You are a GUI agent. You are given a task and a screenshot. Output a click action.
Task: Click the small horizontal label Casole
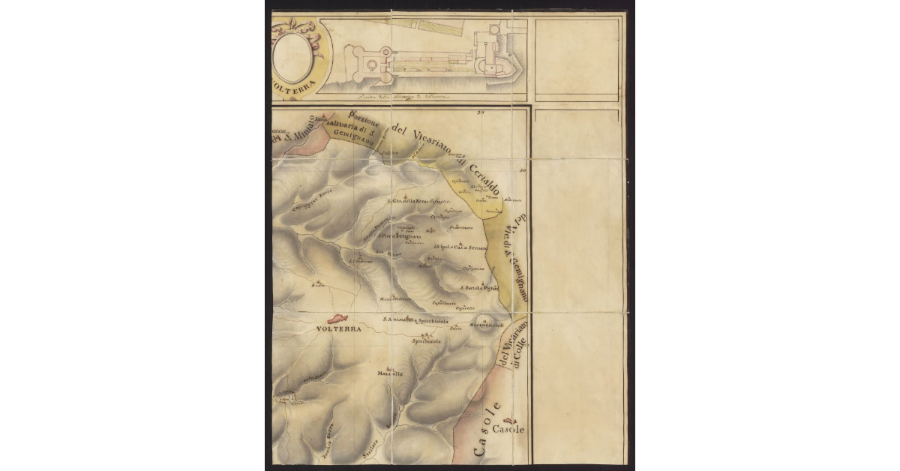tap(510, 430)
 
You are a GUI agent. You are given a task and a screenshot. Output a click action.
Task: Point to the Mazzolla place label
tap(390, 373)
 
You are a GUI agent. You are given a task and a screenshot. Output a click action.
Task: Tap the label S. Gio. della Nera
tap(406, 201)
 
